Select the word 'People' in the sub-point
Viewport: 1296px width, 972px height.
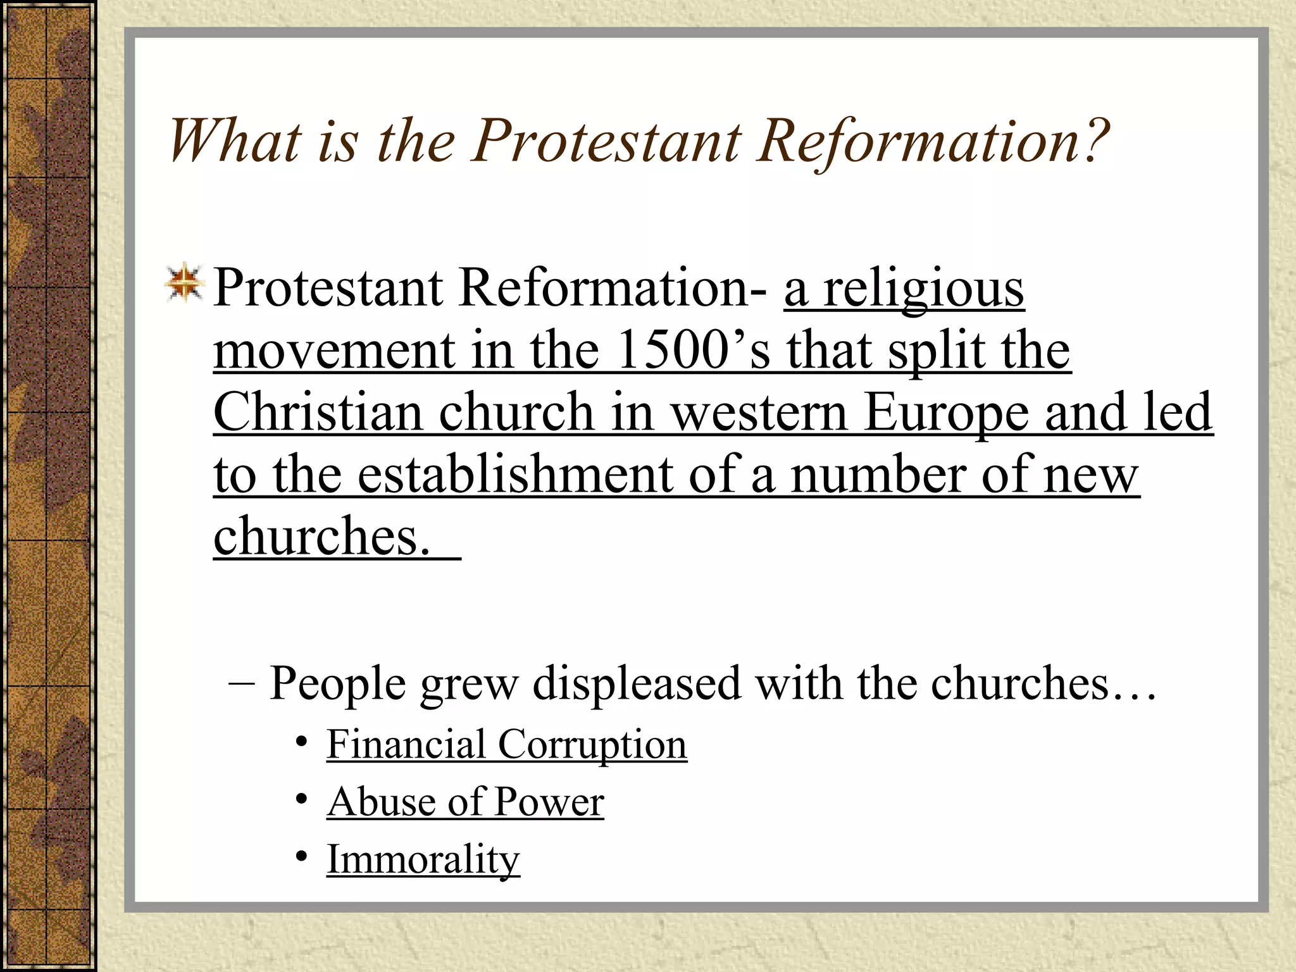click(337, 685)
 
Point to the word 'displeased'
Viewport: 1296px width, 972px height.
click(637, 685)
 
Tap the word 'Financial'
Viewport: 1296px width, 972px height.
click(406, 744)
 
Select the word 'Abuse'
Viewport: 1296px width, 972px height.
click(380, 802)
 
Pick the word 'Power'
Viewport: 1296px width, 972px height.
click(549, 802)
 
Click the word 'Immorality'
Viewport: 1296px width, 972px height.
click(423, 860)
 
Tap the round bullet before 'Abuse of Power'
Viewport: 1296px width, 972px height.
click(302, 799)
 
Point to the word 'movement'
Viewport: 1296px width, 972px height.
click(333, 351)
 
